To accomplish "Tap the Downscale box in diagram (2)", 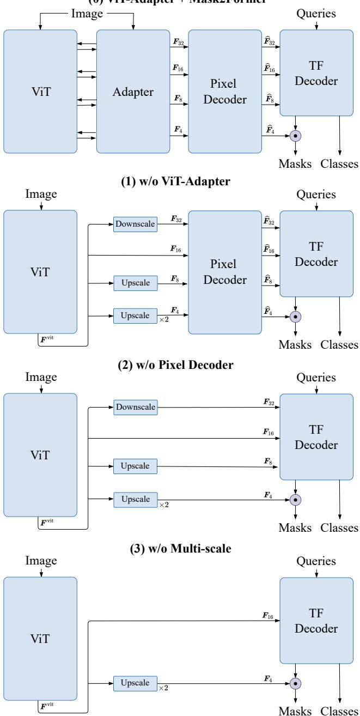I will (135, 406).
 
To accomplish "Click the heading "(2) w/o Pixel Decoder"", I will (180, 366).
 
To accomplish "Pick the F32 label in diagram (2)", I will (268, 402).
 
